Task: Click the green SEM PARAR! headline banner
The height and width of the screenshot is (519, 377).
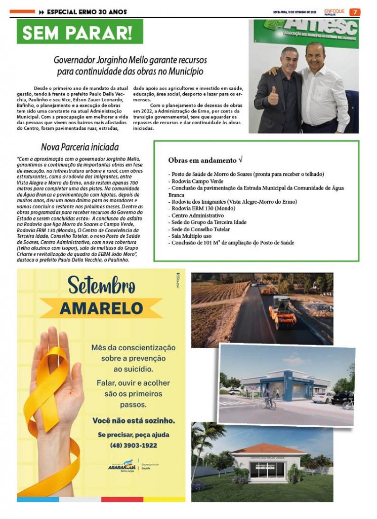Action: tap(80, 32)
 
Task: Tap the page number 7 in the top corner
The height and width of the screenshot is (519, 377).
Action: tap(355, 11)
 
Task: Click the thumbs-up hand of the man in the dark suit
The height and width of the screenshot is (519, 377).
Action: tap(273, 95)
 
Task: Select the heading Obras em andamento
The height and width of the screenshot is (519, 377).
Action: tap(204, 160)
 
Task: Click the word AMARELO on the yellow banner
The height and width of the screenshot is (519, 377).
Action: tap(101, 308)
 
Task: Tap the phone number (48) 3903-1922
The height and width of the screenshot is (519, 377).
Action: tap(134, 446)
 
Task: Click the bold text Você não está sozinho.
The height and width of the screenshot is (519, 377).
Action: tap(134, 420)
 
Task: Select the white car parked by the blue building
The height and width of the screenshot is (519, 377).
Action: tap(323, 397)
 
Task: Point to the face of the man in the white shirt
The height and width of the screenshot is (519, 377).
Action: tap(315, 55)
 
